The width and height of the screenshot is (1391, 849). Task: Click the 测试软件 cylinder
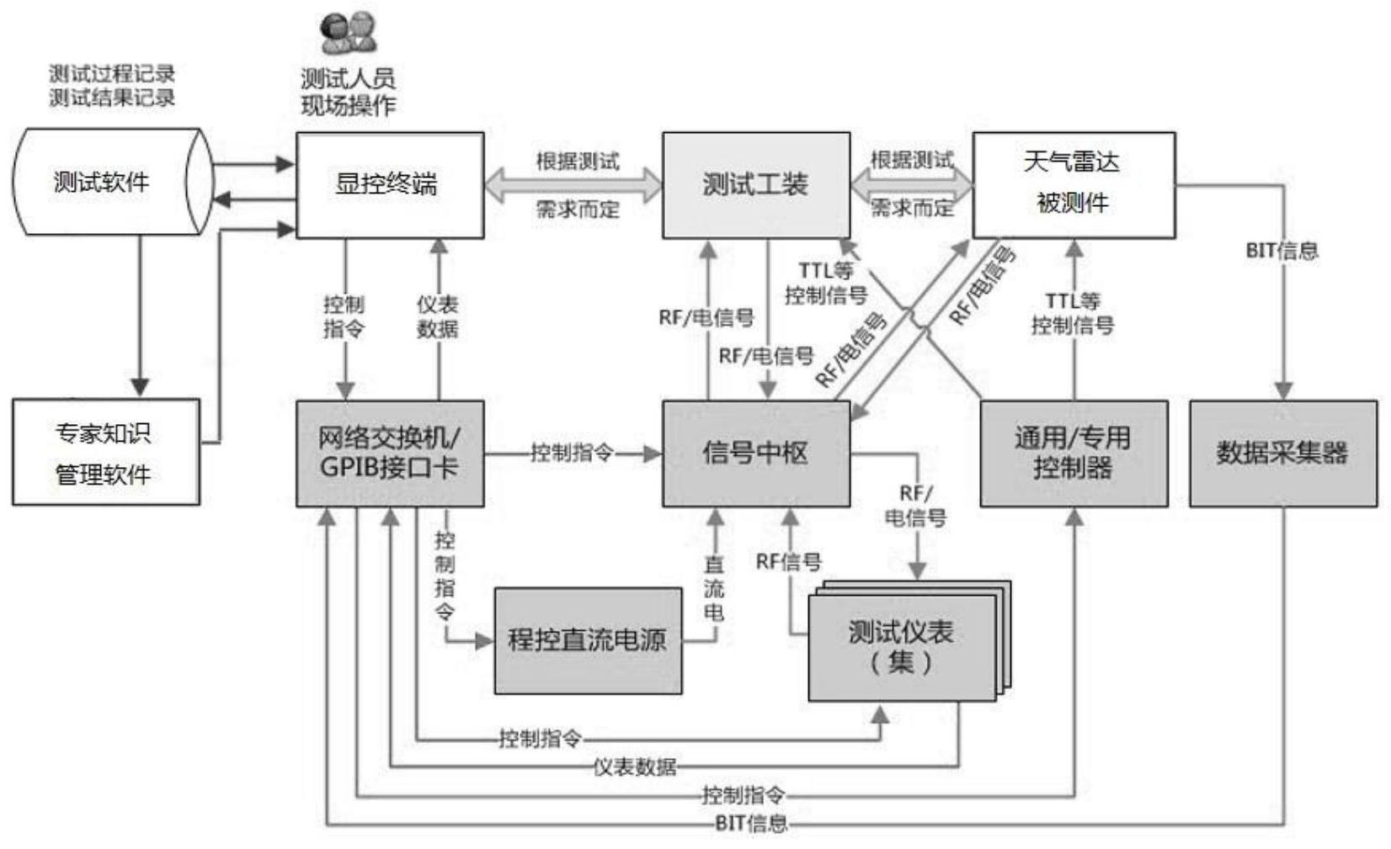click(x=105, y=182)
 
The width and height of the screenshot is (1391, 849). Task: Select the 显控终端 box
click(x=389, y=185)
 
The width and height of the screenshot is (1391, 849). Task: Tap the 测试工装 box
click(x=755, y=185)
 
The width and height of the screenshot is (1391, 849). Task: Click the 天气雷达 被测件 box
click(x=1074, y=185)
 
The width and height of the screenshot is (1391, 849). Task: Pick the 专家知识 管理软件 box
click(x=105, y=453)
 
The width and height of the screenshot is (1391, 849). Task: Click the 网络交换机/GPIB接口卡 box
click(x=389, y=453)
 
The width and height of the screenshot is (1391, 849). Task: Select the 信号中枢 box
click(x=755, y=453)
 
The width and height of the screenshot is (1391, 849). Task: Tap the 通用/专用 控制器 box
click(x=1074, y=453)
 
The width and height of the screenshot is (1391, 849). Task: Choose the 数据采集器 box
click(x=1282, y=453)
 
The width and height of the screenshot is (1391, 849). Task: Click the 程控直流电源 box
click(x=588, y=640)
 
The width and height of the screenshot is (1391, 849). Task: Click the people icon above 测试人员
click(x=348, y=34)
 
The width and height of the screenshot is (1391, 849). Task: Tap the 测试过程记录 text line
click(x=111, y=73)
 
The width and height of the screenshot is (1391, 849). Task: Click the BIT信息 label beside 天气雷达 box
click(x=1281, y=251)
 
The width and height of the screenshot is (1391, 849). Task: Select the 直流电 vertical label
click(x=714, y=589)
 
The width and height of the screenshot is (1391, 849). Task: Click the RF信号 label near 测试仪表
click(x=788, y=561)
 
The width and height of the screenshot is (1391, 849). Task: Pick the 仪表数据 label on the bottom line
click(x=634, y=767)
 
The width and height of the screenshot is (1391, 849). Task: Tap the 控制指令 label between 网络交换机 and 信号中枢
click(x=572, y=454)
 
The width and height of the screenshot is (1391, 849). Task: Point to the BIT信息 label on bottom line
click(x=751, y=824)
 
